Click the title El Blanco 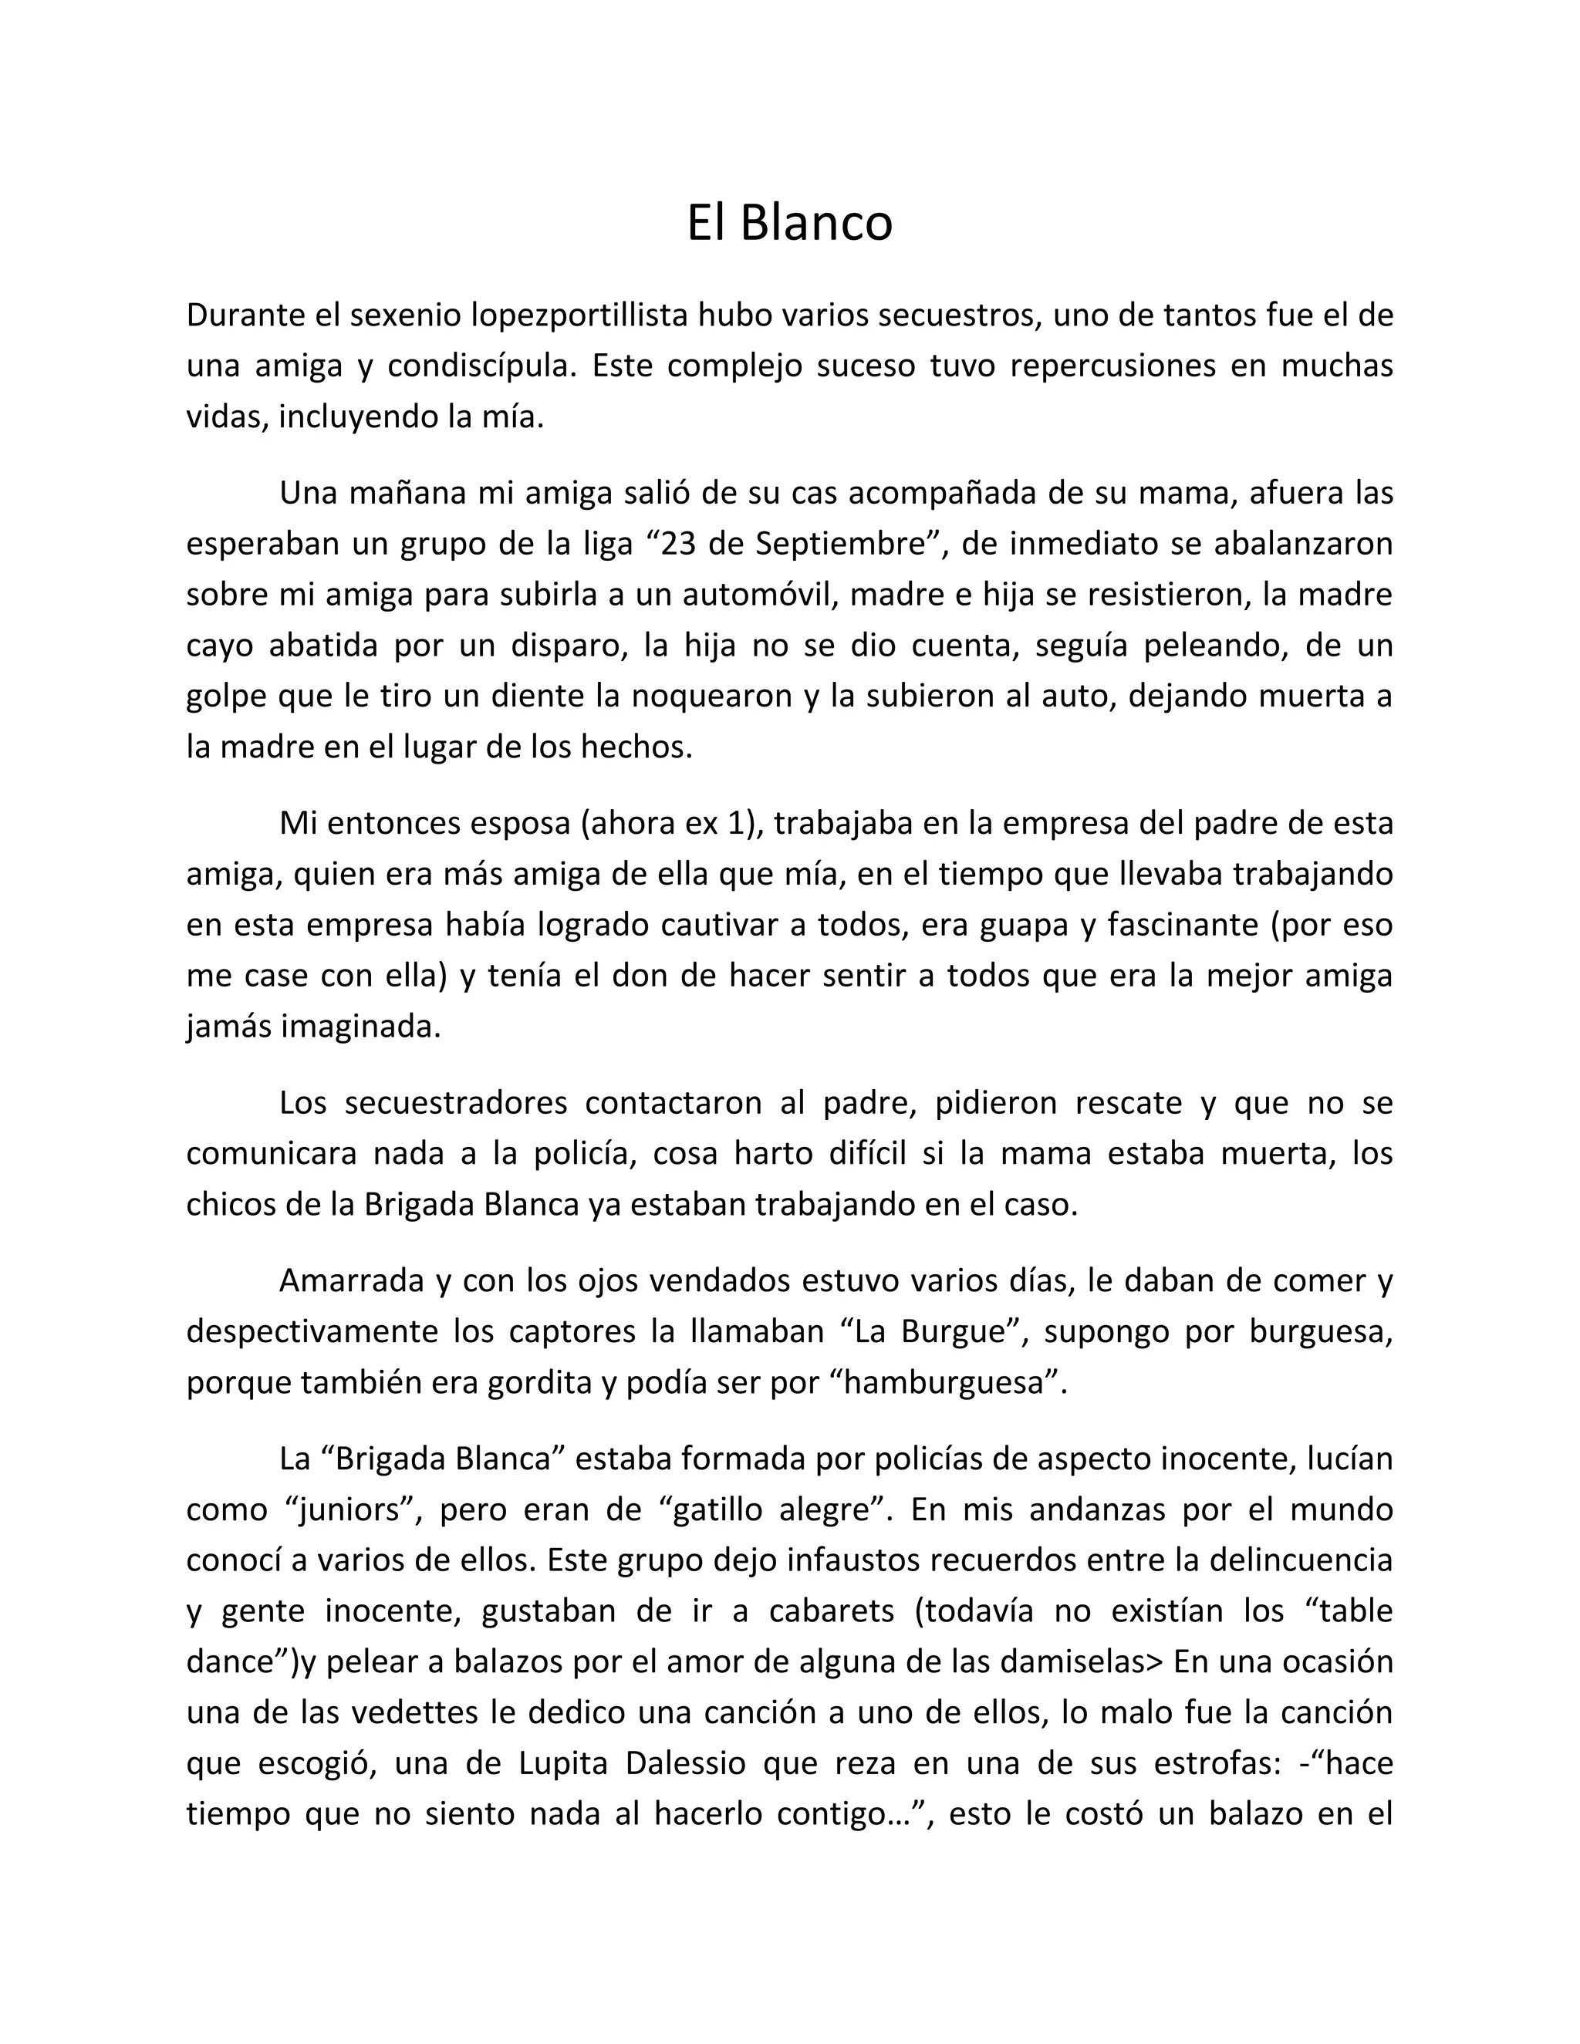(x=789, y=224)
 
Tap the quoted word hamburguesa (x=945, y=1382)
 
